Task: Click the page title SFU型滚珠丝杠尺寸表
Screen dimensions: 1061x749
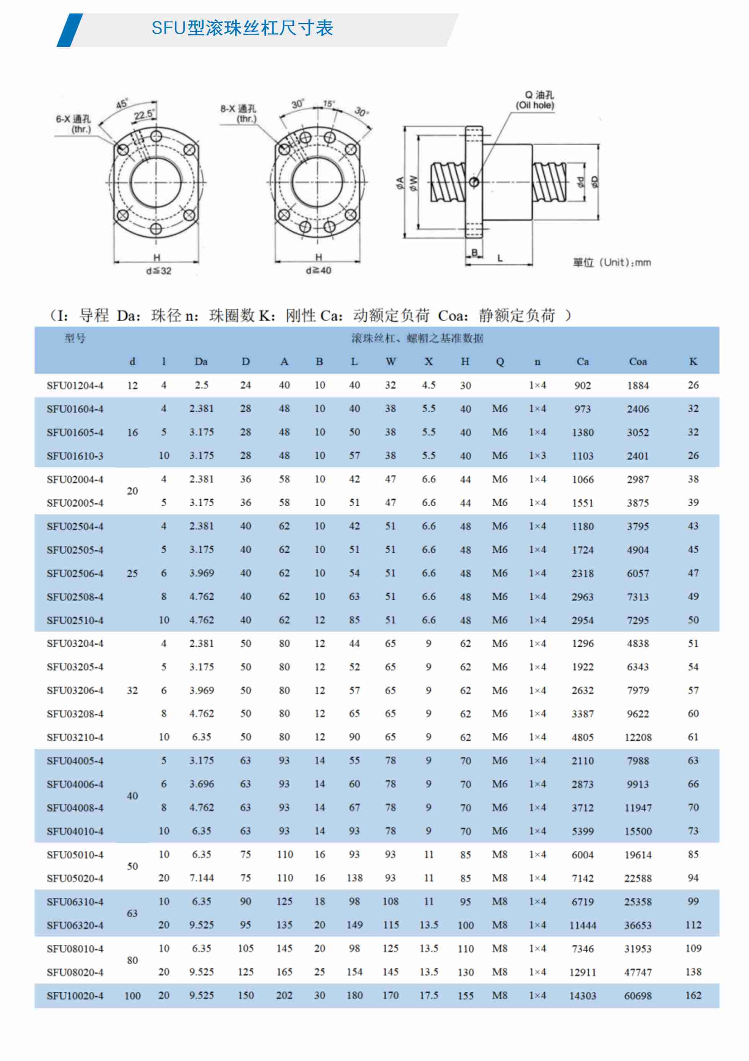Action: point(242,28)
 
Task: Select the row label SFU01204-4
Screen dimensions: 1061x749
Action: point(75,386)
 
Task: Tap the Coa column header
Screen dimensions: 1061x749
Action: point(638,362)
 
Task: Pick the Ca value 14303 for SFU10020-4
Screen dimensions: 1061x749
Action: point(582,996)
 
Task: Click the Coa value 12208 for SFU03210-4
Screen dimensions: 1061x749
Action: point(638,737)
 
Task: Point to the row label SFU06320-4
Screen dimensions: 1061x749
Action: point(75,925)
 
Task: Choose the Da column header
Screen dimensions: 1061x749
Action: point(201,362)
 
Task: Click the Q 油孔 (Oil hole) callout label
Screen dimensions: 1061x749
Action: point(535,100)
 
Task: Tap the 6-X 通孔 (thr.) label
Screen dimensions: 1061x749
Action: point(74,124)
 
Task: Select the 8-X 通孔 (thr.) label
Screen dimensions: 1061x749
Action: point(238,114)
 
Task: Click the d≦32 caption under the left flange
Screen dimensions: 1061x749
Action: point(158,271)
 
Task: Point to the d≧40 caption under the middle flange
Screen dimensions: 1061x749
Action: point(319,270)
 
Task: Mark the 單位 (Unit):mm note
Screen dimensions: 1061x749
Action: point(612,263)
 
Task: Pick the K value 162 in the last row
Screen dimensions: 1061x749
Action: point(693,996)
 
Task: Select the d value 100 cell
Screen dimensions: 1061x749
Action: point(132,996)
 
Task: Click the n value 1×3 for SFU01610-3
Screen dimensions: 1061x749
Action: point(537,456)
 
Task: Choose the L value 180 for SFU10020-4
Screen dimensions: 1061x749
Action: point(354,996)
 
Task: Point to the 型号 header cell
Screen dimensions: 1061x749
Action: point(75,338)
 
